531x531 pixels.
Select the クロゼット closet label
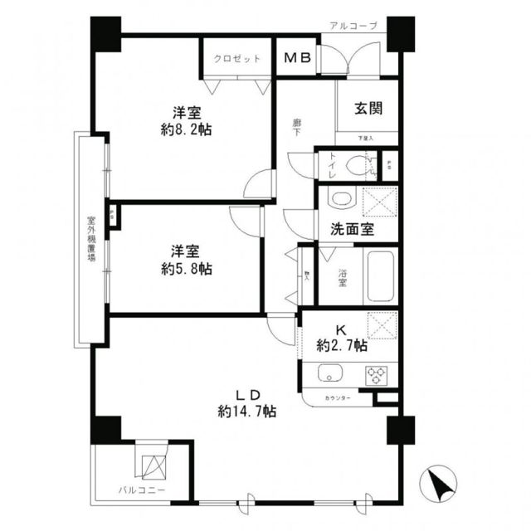[x=237, y=59]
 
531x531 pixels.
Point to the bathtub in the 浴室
[x=379, y=273]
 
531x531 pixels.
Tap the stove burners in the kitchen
[x=378, y=374]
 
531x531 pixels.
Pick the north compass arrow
[x=439, y=483]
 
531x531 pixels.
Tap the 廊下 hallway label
[x=296, y=127]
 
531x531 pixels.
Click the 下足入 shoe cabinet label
[x=366, y=138]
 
